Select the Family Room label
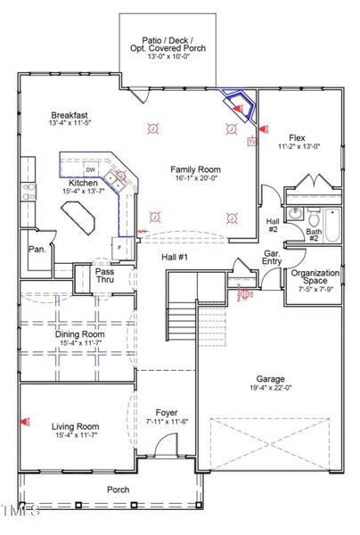point(196,169)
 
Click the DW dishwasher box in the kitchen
point(91,169)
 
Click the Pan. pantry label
point(37,250)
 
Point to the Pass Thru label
point(105,276)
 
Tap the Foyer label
point(167,412)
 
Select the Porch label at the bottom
point(118,489)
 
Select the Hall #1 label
point(175,257)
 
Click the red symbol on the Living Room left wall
point(27,421)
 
